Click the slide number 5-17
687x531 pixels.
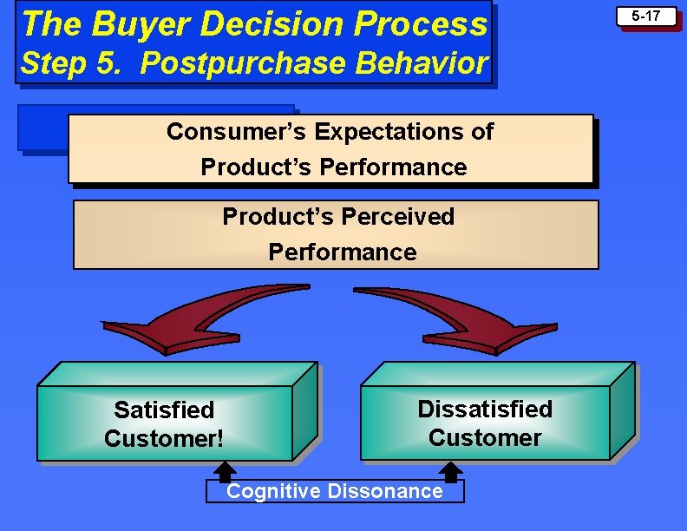pyautogui.click(x=646, y=16)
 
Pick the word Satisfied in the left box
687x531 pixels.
pyautogui.click(x=164, y=409)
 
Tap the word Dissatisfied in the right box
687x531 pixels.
pyautogui.click(x=485, y=409)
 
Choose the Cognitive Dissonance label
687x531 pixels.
pyautogui.click(x=335, y=491)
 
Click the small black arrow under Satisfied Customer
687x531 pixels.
pyautogui.click(x=224, y=471)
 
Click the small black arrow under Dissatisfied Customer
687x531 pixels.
pyautogui.click(x=450, y=471)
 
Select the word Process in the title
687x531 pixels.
pyautogui.click(x=429, y=24)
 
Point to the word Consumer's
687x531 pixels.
pyautogui.click(x=237, y=132)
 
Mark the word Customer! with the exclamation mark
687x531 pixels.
pyautogui.click(x=164, y=438)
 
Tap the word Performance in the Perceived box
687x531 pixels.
pyautogui.click(x=343, y=252)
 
